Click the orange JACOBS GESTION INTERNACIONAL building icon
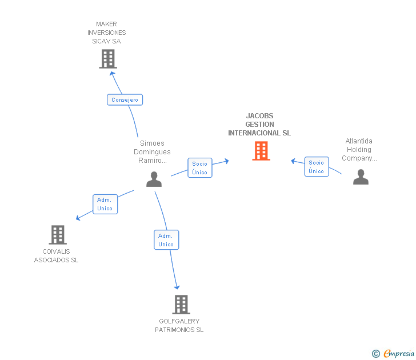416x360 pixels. click(x=261, y=151)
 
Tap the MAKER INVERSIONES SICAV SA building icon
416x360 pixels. click(x=107, y=58)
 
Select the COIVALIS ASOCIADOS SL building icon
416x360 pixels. click(x=57, y=234)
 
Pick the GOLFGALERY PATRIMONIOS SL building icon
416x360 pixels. click(x=181, y=305)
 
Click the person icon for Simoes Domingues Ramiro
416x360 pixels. click(x=154, y=179)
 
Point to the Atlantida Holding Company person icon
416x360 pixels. click(x=361, y=177)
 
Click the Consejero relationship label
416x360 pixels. click(x=125, y=100)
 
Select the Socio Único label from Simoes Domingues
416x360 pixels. click(x=200, y=168)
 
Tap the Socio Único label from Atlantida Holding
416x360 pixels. click(x=316, y=167)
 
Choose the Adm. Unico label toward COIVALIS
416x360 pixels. click(x=105, y=204)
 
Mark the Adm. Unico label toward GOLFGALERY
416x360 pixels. click(x=166, y=240)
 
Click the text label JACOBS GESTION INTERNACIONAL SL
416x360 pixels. click(x=259, y=125)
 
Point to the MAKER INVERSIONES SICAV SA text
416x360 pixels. click(x=107, y=33)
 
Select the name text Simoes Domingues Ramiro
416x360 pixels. click(x=152, y=152)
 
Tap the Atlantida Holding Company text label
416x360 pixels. click(x=358, y=150)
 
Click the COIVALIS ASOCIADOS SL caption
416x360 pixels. click(x=56, y=256)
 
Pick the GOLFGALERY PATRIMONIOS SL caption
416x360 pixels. click(x=179, y=326)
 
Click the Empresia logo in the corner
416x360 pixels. click(x=398, y=354)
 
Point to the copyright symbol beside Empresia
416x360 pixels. click(x=376, y=354)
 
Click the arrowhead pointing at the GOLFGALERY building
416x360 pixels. click(x=177, y=286)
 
